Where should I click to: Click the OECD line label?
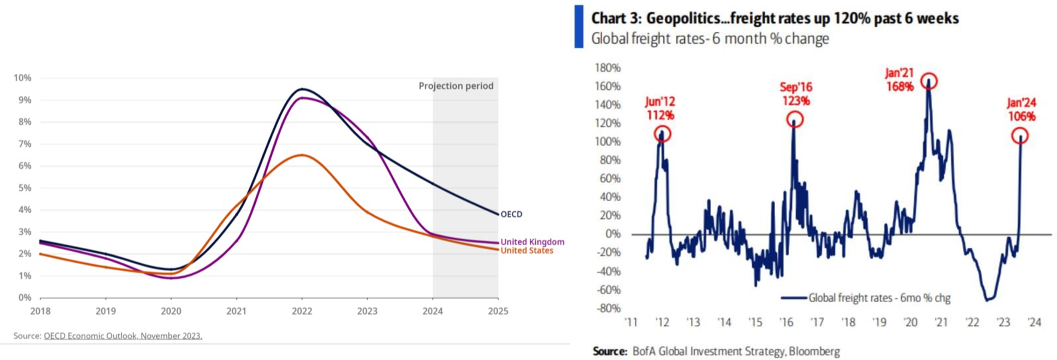pos(511,214)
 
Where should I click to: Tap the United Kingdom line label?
pos(532,242)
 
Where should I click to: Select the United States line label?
pos(527,251)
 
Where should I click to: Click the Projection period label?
pos(456,86)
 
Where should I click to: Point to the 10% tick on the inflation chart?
pos(22,78)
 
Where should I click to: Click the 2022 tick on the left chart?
pos(302,311)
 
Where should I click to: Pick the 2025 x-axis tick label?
pos(498,311)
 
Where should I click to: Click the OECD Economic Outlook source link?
pos(123,336)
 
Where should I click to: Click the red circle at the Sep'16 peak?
pos(795,119)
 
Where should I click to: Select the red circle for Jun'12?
pos(662,133)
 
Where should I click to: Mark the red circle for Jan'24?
pos(1020,136)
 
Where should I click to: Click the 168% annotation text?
pos(900,87)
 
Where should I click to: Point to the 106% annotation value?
pos(1022,117)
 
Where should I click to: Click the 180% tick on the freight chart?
pos(607,68)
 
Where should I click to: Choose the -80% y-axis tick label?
pos(608,308)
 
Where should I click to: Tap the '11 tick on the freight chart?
pos(631,322)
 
